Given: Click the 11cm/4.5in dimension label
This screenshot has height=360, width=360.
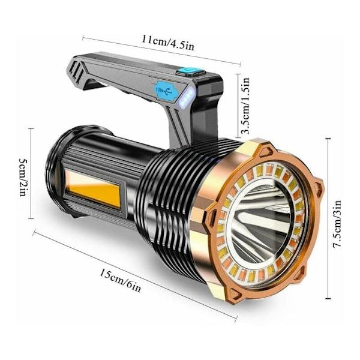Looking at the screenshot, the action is coord(168,43).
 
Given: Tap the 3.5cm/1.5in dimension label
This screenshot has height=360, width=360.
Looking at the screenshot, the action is coord(245,106).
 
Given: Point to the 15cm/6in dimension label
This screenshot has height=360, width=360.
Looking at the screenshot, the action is coord(120,281).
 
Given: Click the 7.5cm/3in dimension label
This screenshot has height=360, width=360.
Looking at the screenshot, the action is coord(337,224).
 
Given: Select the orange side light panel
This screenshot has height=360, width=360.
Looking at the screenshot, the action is coord(94,190).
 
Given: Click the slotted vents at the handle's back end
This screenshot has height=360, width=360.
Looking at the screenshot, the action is coord(75,70).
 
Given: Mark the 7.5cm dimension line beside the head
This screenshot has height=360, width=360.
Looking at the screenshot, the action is coord(328,218).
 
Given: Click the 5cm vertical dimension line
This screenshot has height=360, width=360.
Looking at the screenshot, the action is coord(31,173).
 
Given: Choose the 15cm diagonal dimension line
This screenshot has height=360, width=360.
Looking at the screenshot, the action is coord(135,275).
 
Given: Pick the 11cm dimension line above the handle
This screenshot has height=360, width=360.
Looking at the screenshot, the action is coord(161,50).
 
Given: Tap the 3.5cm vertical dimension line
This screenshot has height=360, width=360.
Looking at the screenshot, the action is coord(238,106).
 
